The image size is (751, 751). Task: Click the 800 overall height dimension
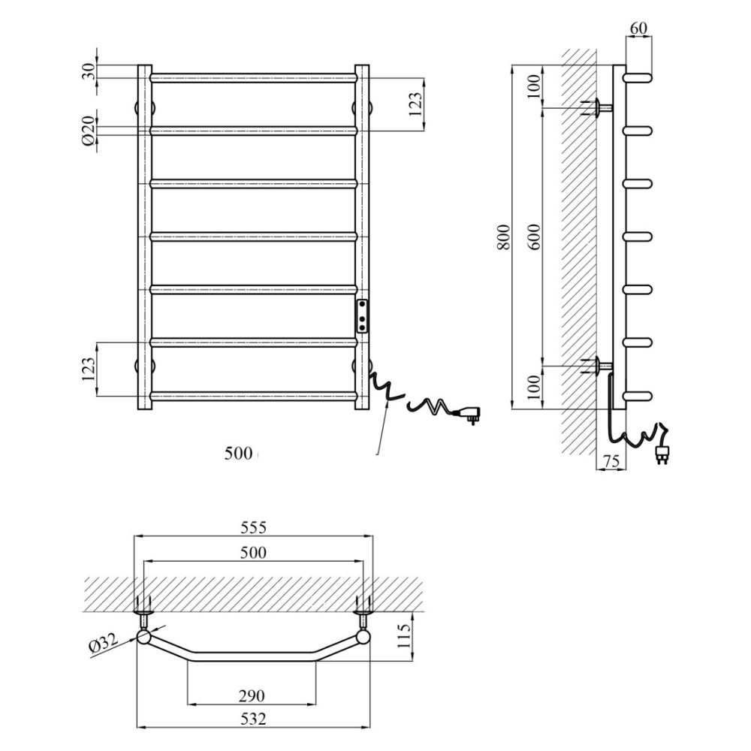[x=504, y=237]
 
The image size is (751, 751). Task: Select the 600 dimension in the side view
[x=535, y=237]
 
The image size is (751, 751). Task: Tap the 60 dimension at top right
[x=638, y=29]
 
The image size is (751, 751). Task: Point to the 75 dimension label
[x=610, y=461]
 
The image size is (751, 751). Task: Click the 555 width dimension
[x=253, y=527]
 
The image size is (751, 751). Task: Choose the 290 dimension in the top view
[x=252, y=695]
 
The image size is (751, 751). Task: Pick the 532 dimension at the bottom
[x=253, y=719]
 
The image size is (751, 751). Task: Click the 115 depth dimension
[x=405, y=635]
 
